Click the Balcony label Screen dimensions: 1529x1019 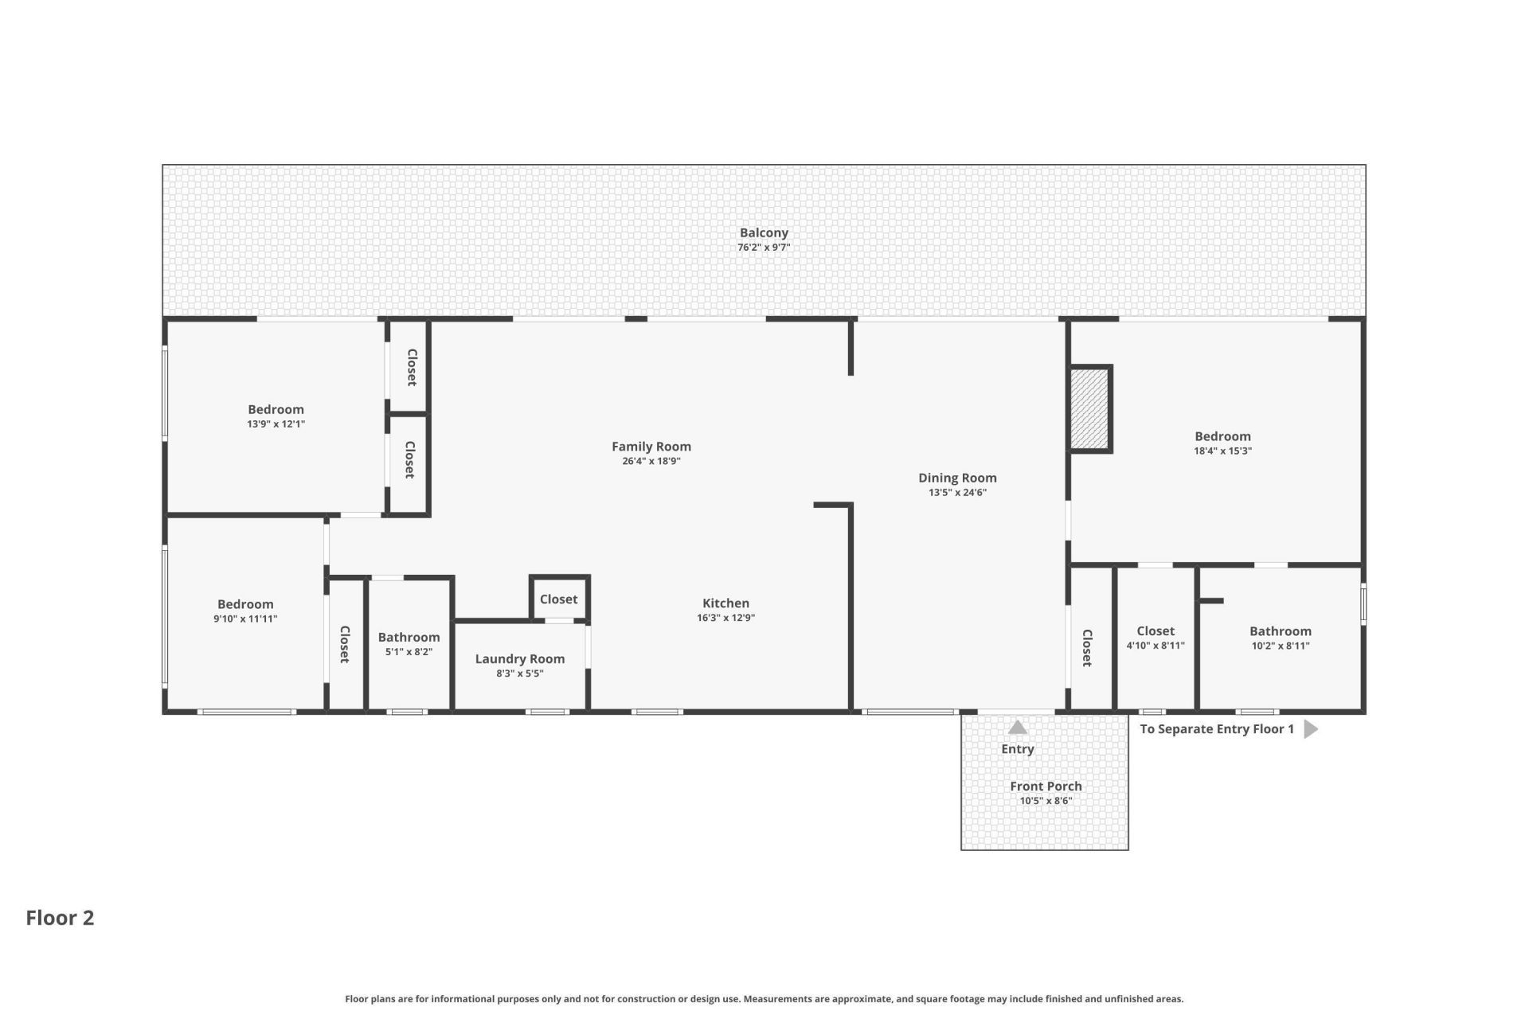click(x=764, y=232)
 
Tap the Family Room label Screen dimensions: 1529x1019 click(x=651, y=447)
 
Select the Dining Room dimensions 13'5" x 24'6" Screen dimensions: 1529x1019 click(x=957, y=493)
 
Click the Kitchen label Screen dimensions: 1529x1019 click(x=725, y=603)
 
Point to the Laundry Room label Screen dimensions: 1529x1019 click(x=520, y=659)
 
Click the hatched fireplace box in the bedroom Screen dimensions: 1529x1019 click(x=1089, y=409)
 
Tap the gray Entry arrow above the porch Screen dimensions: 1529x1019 click(x=1018, y=727)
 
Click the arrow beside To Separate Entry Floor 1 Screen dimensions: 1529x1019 click(x=1311, y=729)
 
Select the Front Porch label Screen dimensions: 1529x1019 click(x=1046, y=787)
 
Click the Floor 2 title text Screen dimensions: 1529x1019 click(x=60, y=918)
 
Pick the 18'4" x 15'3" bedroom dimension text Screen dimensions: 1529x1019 click(x=1222, y=451)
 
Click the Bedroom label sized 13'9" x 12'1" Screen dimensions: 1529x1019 click(x=276, y=410)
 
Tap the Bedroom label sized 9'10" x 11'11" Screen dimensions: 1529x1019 click(x=245, y=605)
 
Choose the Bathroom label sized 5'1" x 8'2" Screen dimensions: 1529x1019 click(x=409, y=638)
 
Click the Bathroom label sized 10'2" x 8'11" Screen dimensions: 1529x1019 click(x=1280, y=631)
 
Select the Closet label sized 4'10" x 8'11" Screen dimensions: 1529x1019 click(x=1156, y=631)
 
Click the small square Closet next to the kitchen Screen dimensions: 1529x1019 click(x=559, y=599)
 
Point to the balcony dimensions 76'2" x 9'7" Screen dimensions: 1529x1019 click(x=764, y=248)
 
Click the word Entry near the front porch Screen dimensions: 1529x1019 click(x=1018, y=749)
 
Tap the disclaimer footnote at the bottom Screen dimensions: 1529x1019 click(x=764, y=999)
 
